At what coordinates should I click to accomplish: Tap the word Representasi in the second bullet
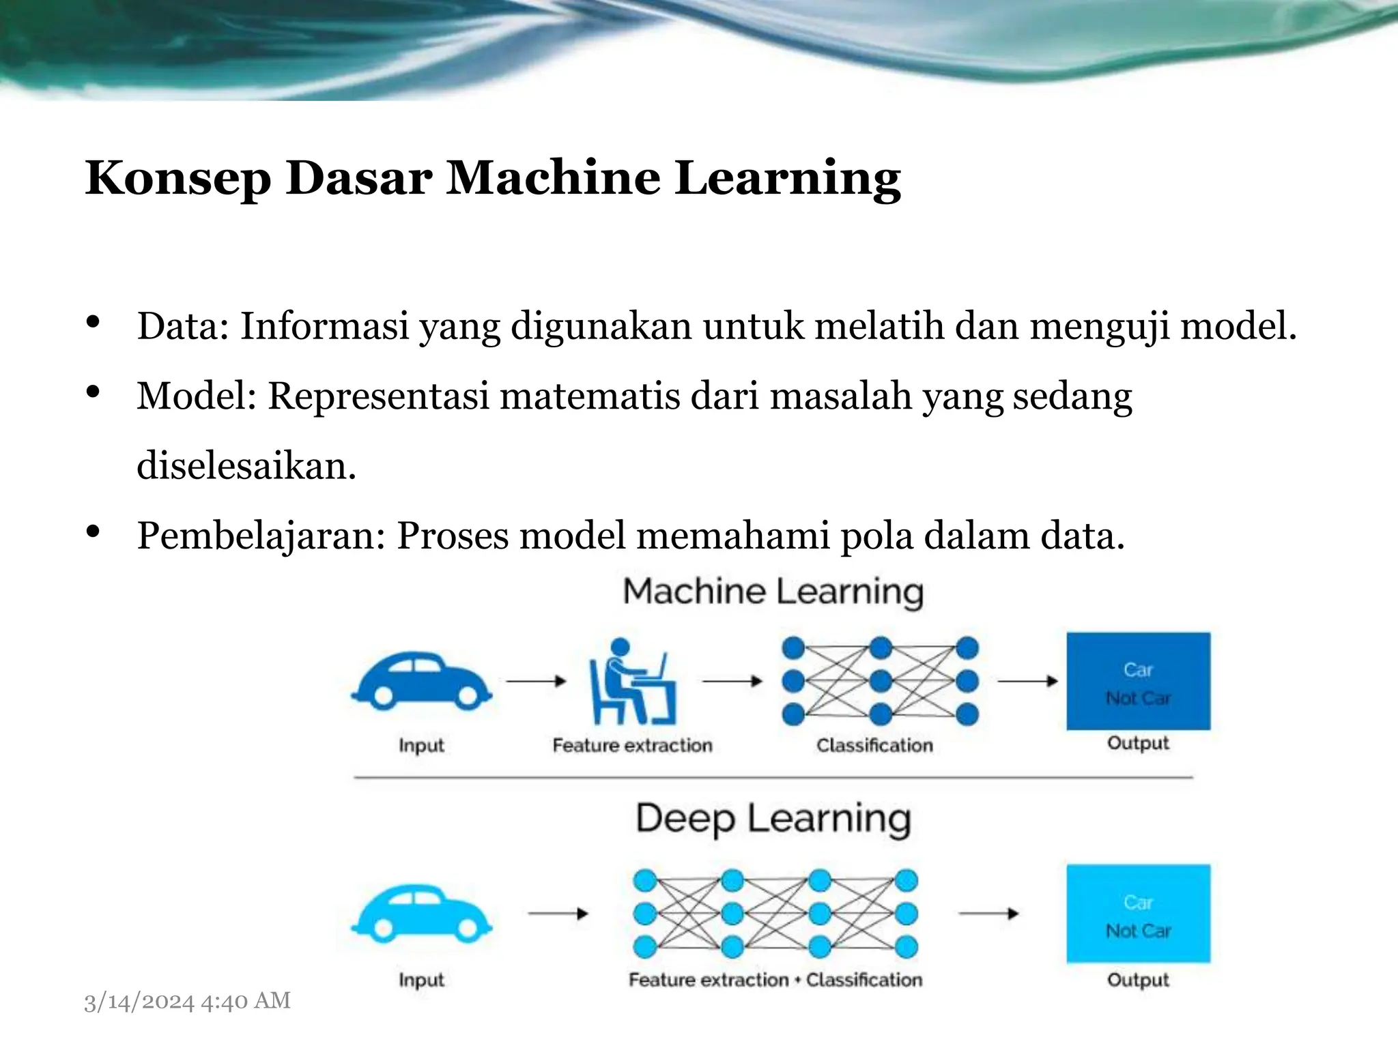[378, 396]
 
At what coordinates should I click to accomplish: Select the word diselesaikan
[246, 467]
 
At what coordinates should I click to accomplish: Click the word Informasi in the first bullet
[324, 326]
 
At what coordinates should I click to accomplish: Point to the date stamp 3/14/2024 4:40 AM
[187, 1001]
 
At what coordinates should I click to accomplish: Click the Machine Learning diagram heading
[773, 592]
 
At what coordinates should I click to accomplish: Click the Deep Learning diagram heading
[773, 818]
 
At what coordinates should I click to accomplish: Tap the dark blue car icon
[421, 681]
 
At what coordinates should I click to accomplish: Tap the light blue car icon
[421, 914]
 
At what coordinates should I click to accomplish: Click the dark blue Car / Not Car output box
[1138, 682]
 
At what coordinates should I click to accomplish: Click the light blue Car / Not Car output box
[1138, 914]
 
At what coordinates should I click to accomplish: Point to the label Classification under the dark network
[874, 745]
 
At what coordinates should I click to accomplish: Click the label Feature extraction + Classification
[775, 980]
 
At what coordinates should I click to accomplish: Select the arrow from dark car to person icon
[536, 681]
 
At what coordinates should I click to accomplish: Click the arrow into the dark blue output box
[1027, 681]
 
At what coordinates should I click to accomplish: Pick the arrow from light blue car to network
[558, 914]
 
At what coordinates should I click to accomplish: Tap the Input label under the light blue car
[421, 980]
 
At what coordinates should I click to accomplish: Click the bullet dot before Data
[94, 322]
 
